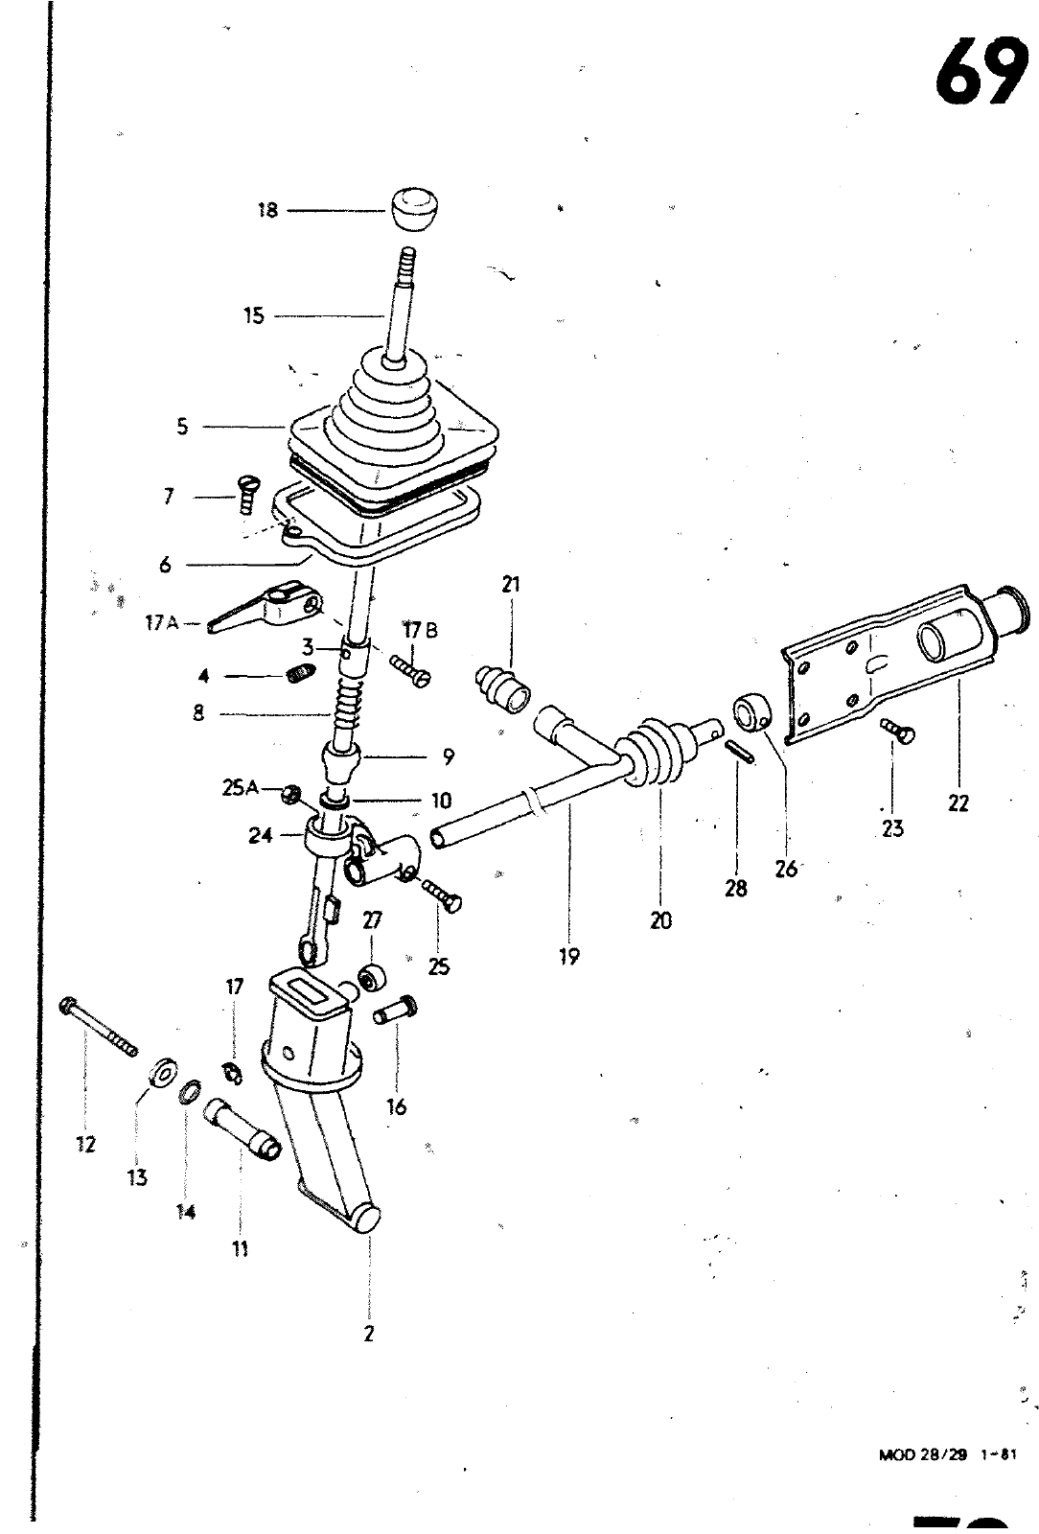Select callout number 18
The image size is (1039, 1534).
tap(267, 210)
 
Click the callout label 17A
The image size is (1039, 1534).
tap(161, 624)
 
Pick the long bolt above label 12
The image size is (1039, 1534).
tap(99, 1024)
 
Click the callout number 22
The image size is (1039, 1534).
tap(958, 803)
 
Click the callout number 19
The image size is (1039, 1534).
tap(569, 956)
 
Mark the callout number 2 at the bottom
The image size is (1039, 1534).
tap(369, 1334)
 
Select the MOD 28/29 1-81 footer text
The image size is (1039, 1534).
tap(946, 1453)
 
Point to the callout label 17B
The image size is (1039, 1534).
tap(419, 631)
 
